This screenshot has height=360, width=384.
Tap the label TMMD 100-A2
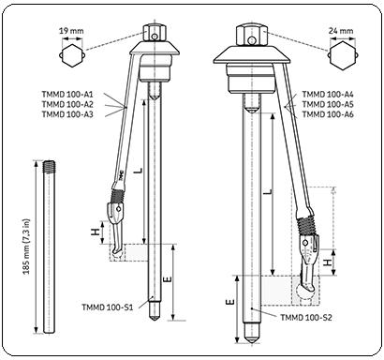(69, 105)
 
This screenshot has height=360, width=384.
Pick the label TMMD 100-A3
(69, 115)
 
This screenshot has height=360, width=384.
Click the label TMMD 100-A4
(328, 95)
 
